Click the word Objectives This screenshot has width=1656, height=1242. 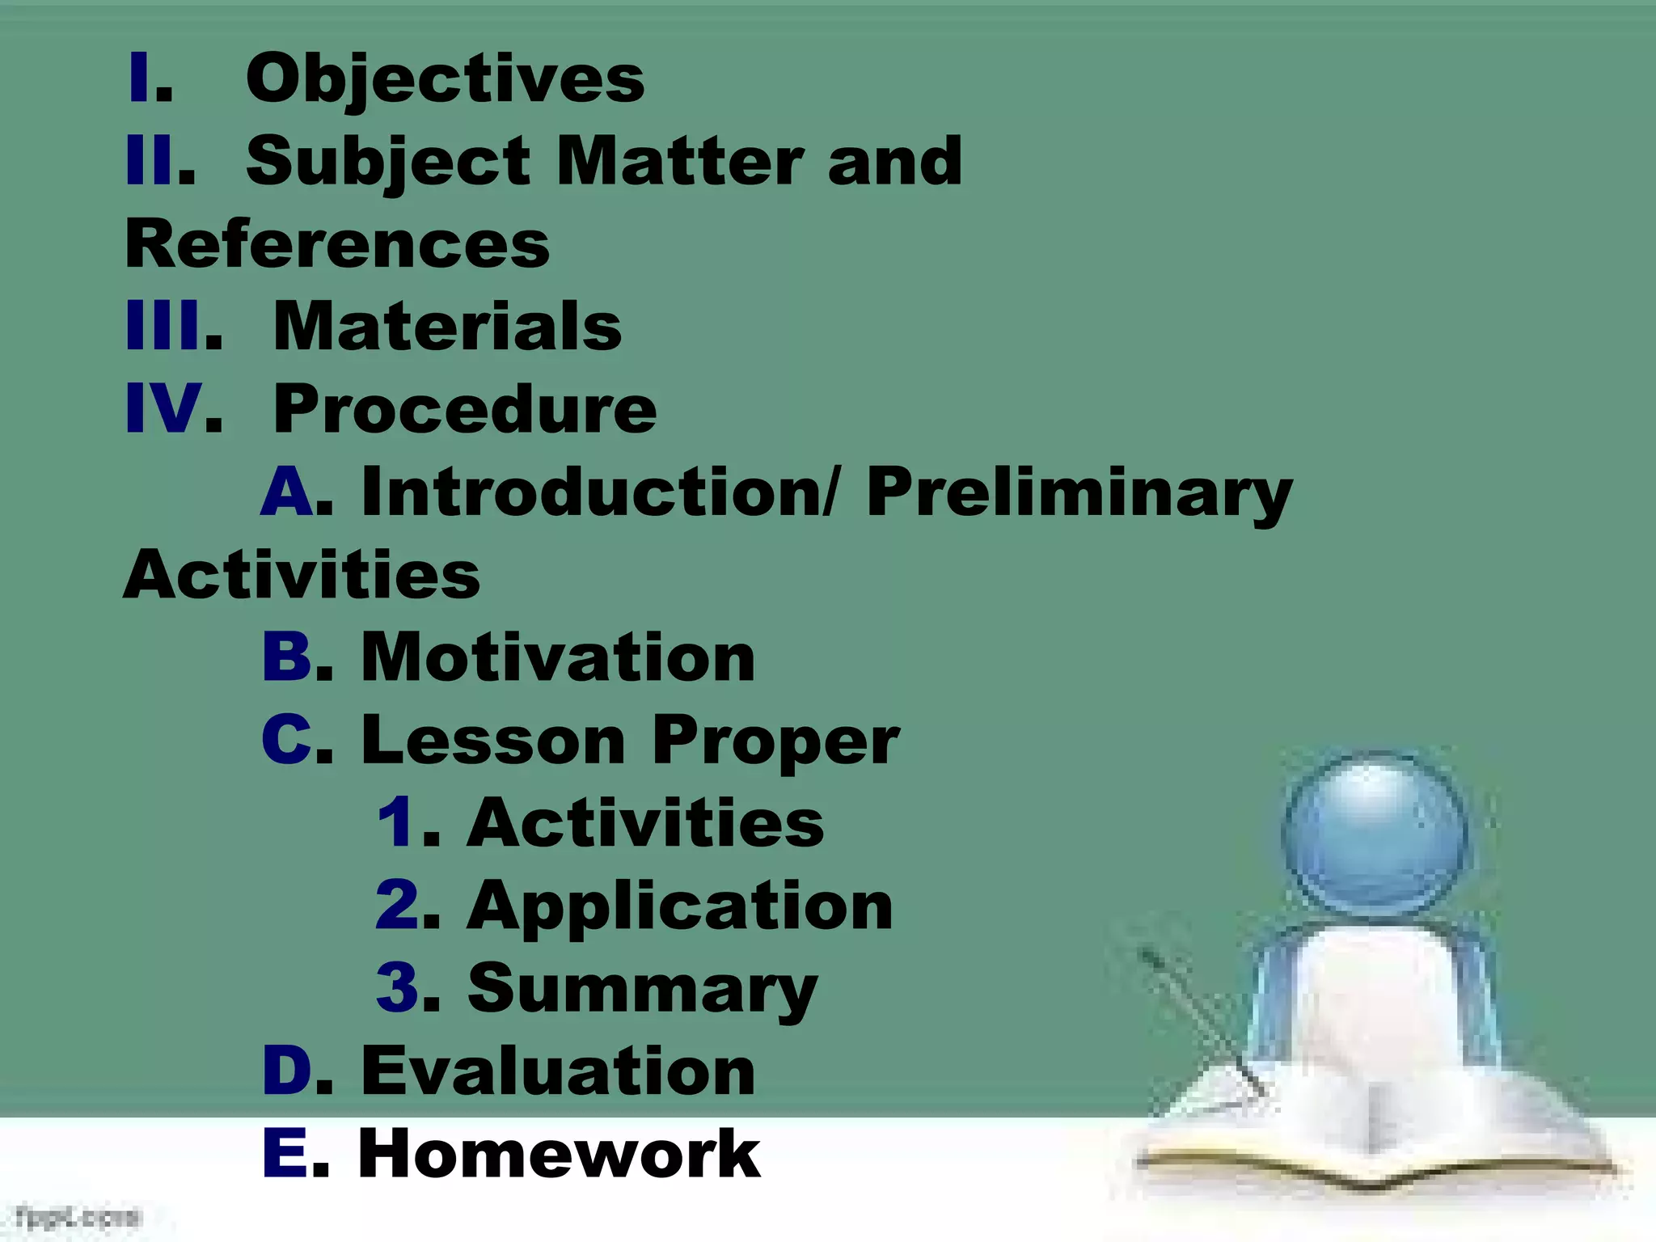(445, 79)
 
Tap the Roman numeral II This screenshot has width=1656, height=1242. (150, 160)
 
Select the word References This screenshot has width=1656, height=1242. (337, 244)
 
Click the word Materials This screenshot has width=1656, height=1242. (447, 326)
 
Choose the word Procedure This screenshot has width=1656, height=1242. (465, 409)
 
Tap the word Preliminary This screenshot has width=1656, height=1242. (1079, 493)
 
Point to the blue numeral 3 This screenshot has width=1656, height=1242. (397, 988)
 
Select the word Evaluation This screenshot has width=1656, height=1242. (558, 1071)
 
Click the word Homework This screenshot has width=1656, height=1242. (559, 1154)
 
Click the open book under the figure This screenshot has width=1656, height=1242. (1375, 1132)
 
